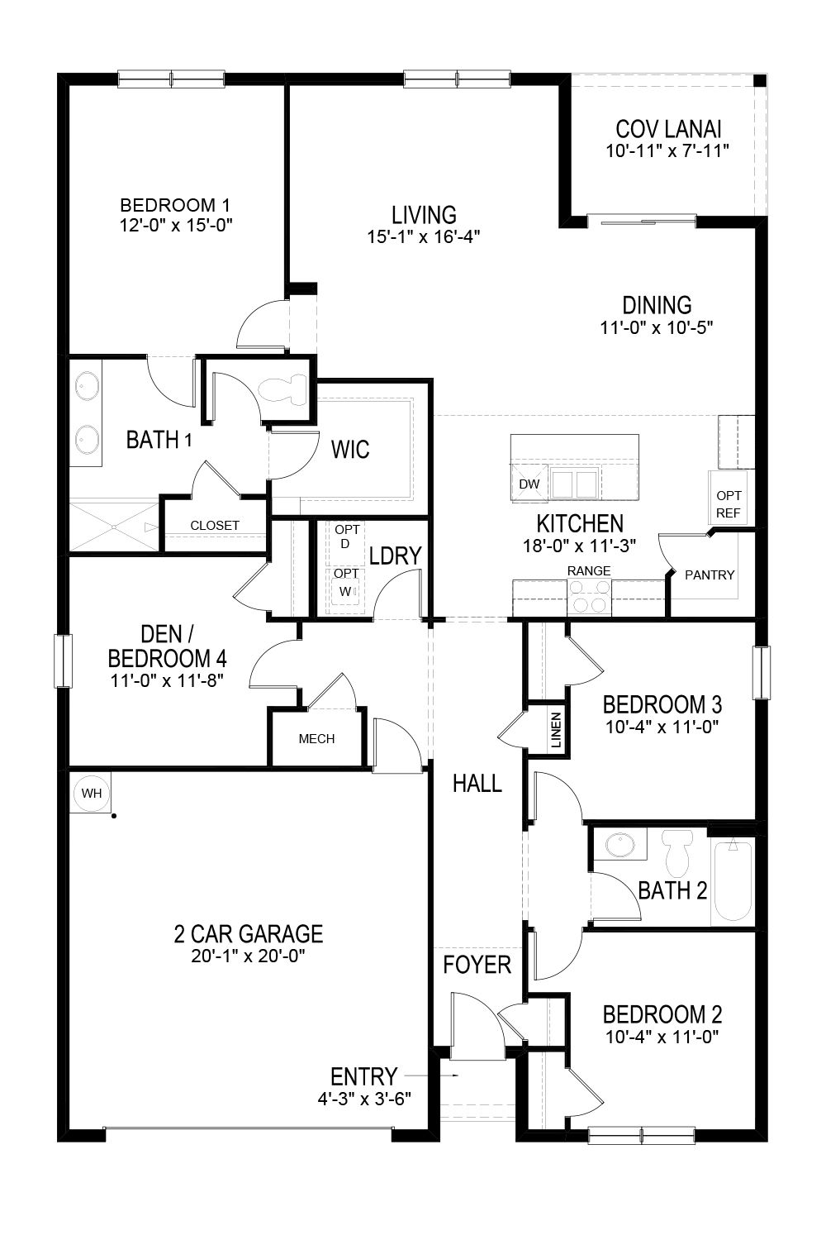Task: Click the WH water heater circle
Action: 92,794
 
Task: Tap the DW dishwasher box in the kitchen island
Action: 529,484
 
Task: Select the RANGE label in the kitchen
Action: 589,570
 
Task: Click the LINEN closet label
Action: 556,730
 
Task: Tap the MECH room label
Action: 316,738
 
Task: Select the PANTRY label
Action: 710,575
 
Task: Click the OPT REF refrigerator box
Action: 729,504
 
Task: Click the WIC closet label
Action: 350,450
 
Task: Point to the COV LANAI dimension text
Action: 668,151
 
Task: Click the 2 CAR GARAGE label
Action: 248,934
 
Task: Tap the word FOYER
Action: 477,965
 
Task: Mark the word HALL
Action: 477,783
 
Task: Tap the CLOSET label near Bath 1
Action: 215,525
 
